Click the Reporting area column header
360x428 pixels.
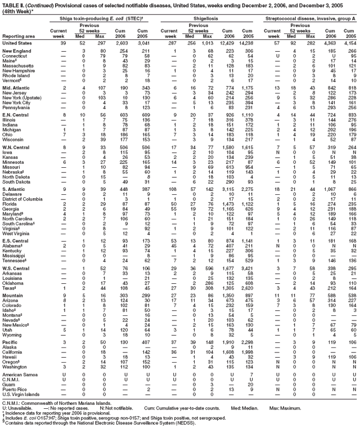(17, 35)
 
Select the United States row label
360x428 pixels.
(18, 43)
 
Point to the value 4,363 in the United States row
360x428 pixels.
(328, 43)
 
